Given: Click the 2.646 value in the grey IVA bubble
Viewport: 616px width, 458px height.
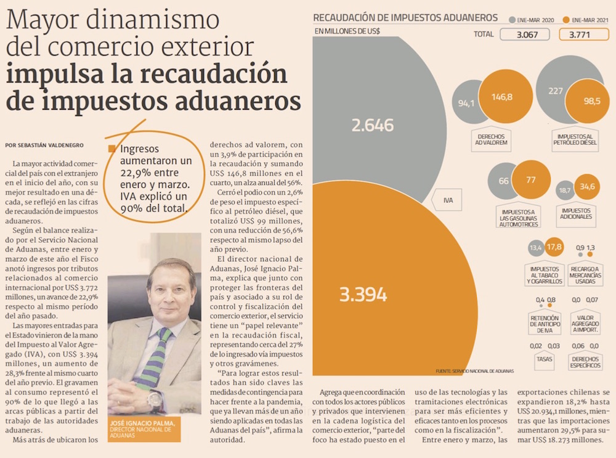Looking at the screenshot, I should click(372, 126).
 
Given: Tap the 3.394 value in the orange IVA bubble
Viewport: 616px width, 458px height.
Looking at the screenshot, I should click(363, 294).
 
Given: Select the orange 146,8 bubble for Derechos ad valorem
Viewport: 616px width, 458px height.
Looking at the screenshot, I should click(501, 97).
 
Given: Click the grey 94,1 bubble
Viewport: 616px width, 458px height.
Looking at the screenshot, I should click(466, 103).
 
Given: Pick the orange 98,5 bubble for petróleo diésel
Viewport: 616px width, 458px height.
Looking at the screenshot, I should click(592, 100).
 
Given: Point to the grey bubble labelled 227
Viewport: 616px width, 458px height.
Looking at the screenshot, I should click(556, 91).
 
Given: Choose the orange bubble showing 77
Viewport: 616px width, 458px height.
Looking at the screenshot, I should click(531, 180).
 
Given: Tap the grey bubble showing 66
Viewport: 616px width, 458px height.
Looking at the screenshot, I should click(503, 181).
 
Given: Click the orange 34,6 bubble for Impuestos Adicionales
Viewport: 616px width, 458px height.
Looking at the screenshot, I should click(588, 186).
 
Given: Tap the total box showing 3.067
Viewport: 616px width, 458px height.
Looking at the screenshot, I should click(524, 35).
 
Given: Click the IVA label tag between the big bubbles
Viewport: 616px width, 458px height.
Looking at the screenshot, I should click(448, 200).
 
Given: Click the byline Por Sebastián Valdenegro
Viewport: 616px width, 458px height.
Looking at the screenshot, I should click(44, 145).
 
